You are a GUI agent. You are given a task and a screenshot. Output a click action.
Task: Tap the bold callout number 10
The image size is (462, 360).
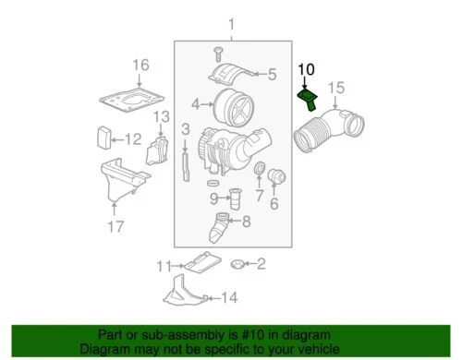tap(306, 68)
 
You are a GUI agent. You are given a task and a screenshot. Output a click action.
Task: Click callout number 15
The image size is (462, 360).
tap(337, 88)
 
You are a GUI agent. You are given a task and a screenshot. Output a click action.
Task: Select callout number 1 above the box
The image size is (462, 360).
tap(233, 24)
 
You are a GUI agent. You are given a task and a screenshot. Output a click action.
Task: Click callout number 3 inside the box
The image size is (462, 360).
tap(186, 127)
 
